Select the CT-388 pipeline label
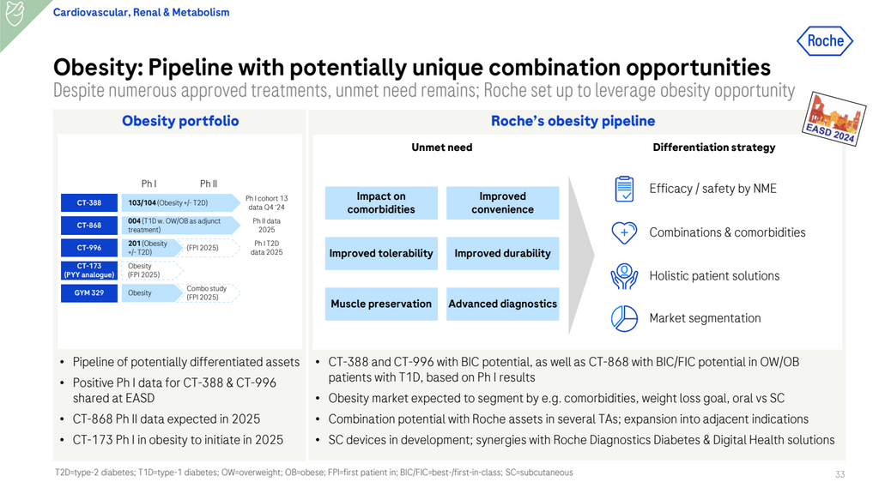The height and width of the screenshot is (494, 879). point(89,203)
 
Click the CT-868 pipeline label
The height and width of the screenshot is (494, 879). point(89,226)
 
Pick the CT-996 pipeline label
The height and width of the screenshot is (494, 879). point(89,248)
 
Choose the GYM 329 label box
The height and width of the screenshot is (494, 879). point(89,292)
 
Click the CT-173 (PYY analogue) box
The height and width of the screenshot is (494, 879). point(89,270)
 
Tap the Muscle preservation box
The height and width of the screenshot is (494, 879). point(381,304)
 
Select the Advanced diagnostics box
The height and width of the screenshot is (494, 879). point(502,304)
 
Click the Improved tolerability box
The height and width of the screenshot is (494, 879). point(381,254)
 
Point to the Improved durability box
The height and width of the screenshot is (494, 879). point(502,254)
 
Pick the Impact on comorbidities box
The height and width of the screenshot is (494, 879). point(381,203)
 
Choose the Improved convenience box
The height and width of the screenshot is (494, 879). point(502,203)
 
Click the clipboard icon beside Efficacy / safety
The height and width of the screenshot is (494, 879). point(624,189)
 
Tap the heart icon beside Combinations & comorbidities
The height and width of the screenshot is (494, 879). point(624,232)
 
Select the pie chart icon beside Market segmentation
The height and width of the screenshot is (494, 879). point(624,318)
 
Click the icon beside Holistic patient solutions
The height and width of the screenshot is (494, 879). point(624,275)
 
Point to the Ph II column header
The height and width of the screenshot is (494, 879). point(209,184)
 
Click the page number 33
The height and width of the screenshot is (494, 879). point(840,474)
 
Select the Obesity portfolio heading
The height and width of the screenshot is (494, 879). point(180,121)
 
